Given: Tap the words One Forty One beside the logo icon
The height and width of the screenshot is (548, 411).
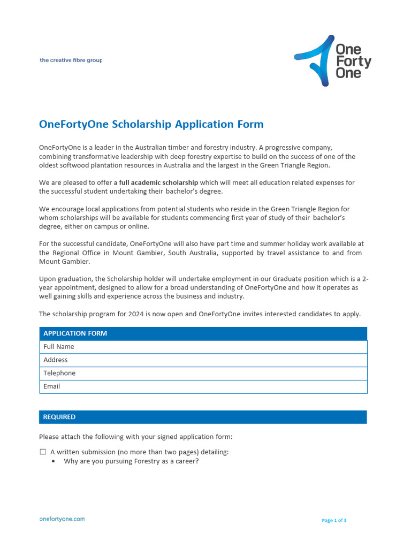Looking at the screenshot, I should point(353,61).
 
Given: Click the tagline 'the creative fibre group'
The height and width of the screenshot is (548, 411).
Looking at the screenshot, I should point(71,60).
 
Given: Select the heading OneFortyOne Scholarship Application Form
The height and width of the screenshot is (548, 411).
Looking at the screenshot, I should point(151,124).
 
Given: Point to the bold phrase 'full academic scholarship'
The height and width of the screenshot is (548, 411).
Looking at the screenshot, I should point(158,182).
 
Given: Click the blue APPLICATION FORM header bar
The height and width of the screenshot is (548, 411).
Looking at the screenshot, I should point(203,333).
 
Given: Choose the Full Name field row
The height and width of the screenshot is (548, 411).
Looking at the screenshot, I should point(203,347).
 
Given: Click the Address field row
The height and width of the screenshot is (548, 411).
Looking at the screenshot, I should point(203,360).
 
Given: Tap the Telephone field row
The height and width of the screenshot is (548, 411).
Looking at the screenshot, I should point(203,374).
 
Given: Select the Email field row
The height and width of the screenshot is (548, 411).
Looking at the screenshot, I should point(203,386).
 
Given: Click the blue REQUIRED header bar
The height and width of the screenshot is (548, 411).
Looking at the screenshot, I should point(203,417).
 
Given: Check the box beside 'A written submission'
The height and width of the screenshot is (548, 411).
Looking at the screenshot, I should point(43,452).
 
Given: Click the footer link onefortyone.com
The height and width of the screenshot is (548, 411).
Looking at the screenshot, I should point(62,519).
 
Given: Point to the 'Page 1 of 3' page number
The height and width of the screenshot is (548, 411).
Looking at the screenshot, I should point(334,520).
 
